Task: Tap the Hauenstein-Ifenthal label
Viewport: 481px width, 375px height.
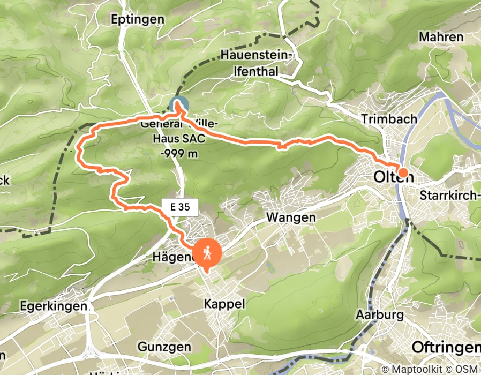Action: click(256, 63)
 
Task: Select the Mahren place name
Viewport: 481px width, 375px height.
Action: click(441, 37)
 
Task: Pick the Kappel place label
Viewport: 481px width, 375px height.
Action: click(224, 304)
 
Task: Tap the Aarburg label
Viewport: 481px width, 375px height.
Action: click(379, 315)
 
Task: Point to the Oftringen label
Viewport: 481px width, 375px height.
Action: click(446, 347)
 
